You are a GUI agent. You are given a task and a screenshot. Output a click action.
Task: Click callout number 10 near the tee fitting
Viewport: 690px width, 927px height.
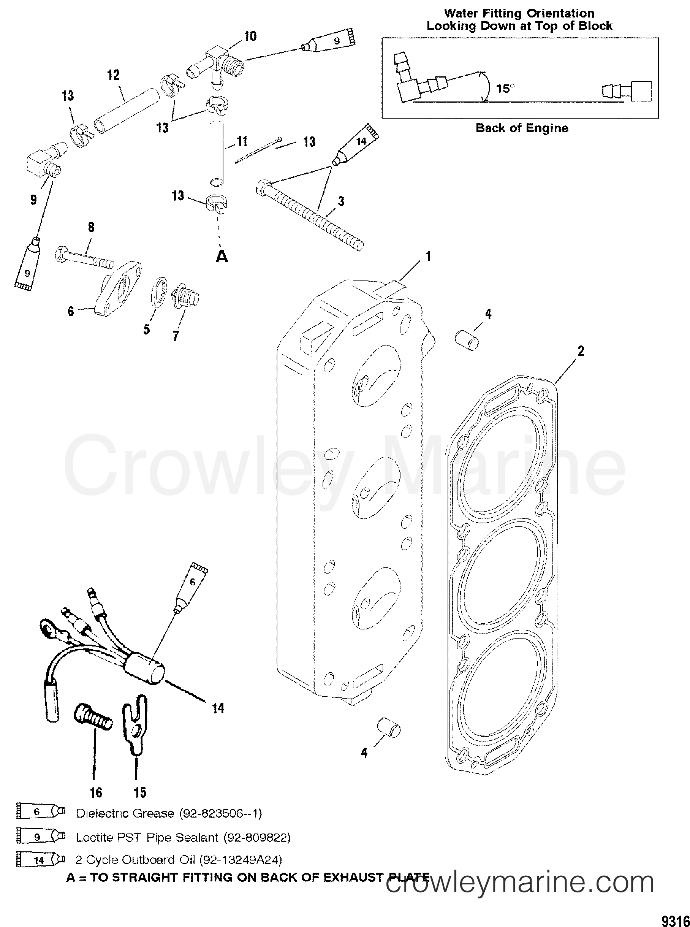[250, 36]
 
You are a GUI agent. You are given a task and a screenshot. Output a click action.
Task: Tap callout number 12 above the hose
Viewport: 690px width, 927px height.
[113, 75]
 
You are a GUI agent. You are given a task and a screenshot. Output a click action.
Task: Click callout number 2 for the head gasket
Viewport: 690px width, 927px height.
[581, 351]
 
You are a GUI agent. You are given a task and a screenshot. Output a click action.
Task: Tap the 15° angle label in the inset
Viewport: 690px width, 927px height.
[505, 89]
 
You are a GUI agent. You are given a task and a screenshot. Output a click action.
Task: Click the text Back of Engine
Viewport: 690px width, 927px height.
[522, 128]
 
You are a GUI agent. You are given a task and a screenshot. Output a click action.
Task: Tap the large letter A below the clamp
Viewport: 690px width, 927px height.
[222, 257]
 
